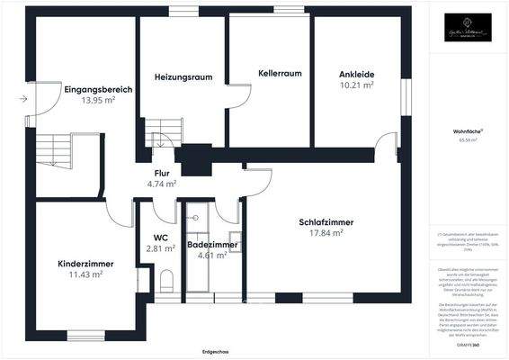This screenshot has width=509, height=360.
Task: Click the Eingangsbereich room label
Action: point(99,89)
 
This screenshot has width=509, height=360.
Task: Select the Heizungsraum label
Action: point(183,76)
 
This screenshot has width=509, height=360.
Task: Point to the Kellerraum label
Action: point(279,72)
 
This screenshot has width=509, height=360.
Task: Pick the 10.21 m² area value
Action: point(357,85)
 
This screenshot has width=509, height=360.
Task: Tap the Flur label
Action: point(163,173)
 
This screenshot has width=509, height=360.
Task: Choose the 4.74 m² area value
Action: point(163,184)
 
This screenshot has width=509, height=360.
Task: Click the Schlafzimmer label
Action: point(326,222)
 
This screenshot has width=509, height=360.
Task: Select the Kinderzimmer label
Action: point(74,263)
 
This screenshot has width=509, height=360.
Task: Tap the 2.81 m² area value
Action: point(160,248)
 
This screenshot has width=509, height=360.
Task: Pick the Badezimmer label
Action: point(212,244)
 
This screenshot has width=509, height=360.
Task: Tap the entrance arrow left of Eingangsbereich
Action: point(22,100)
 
